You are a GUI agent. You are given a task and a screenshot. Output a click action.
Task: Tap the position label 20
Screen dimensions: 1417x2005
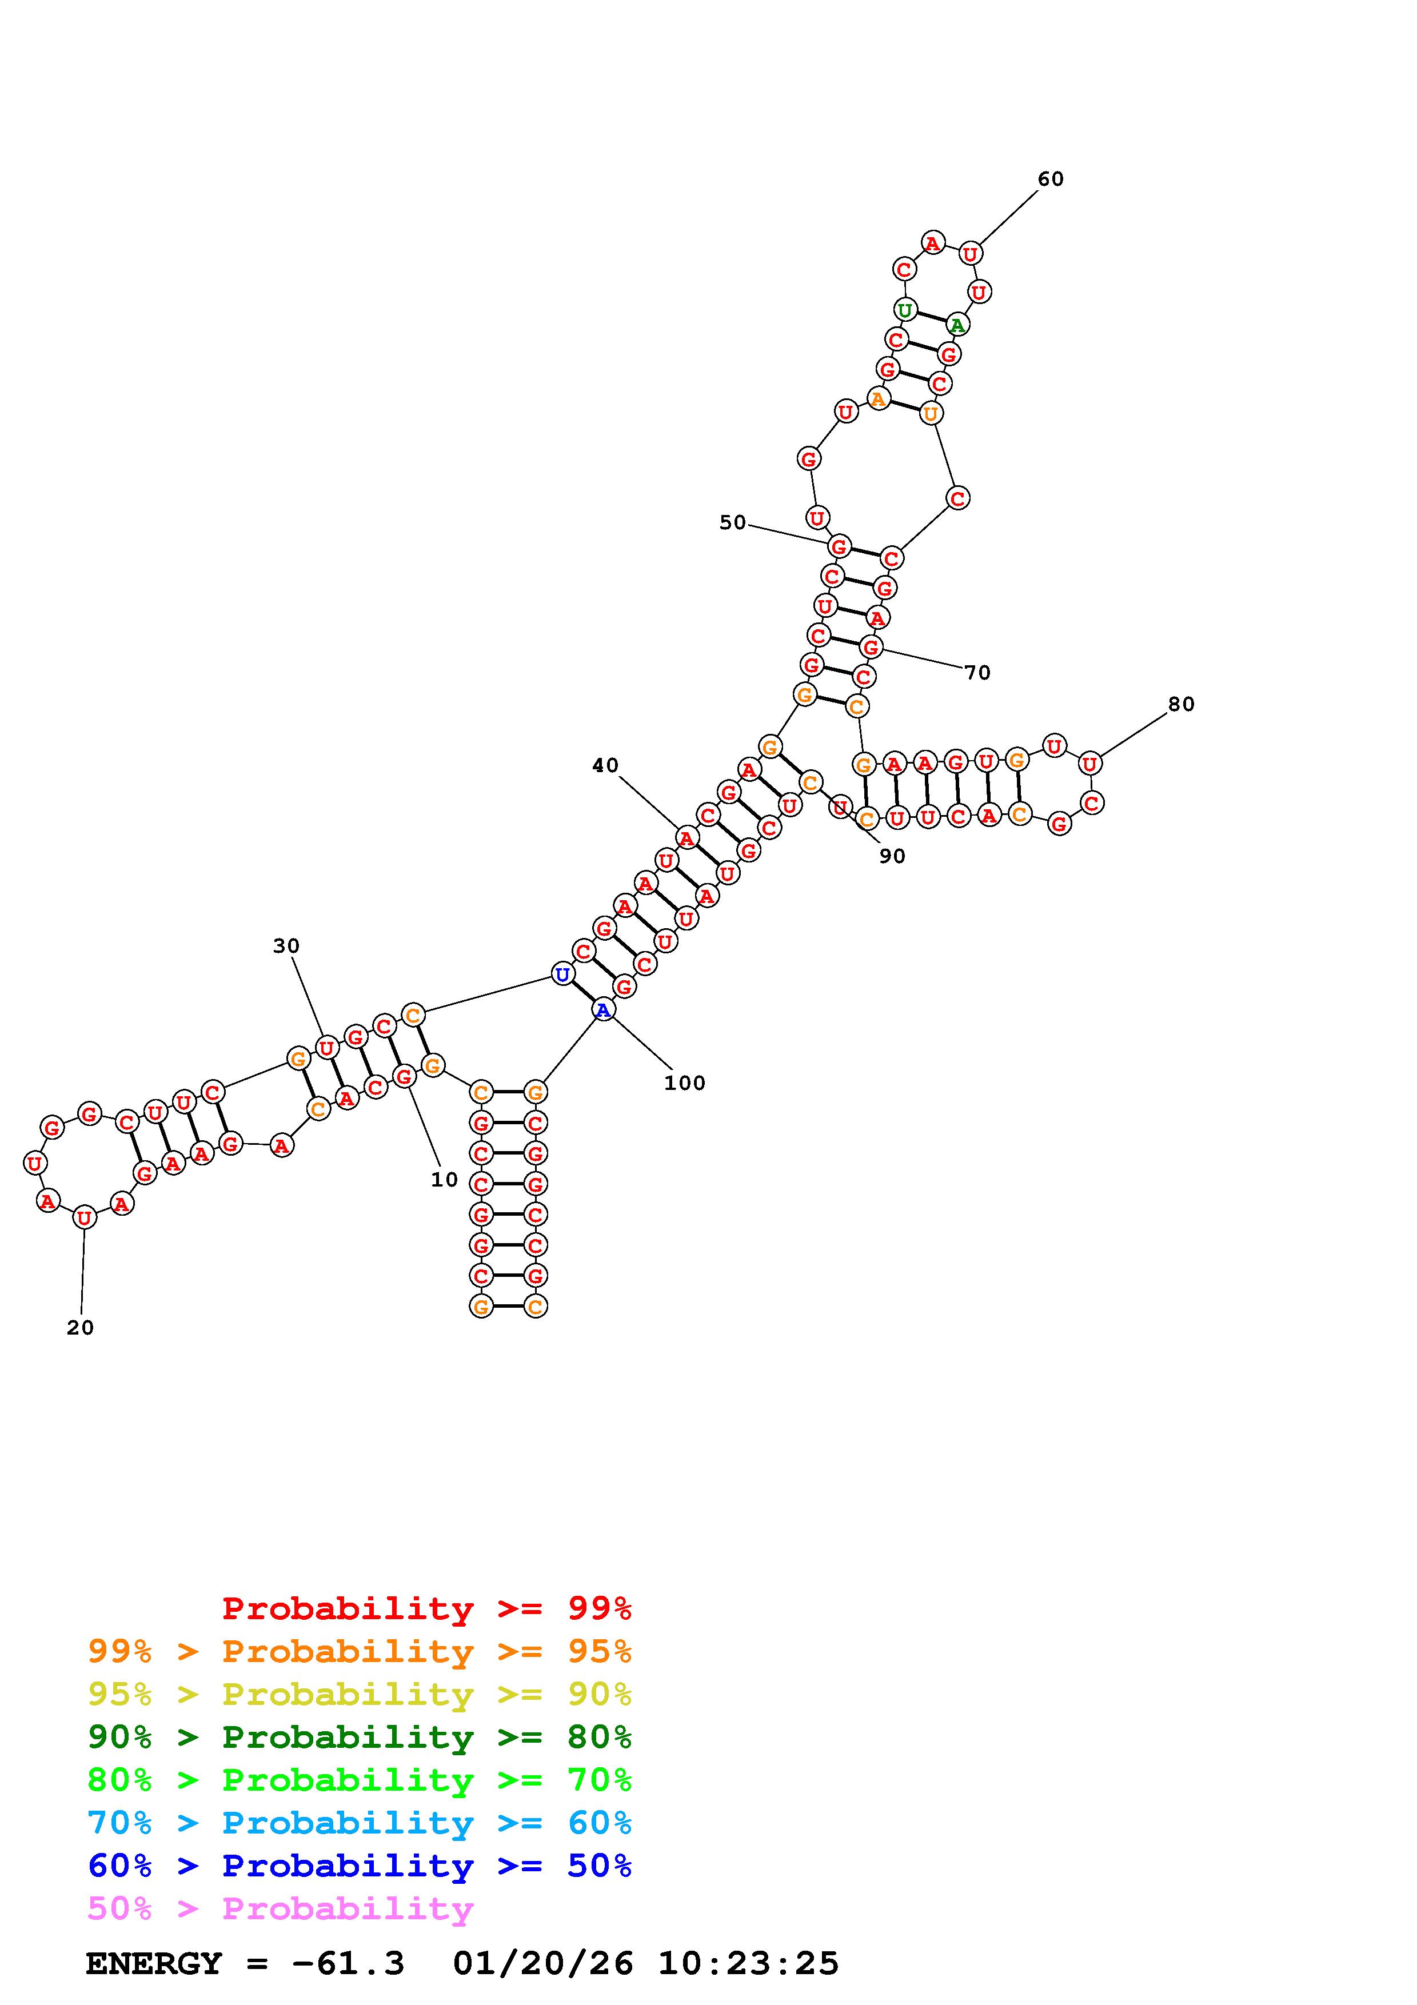(x=81, y=1327)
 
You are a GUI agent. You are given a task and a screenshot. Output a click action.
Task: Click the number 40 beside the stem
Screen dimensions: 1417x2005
(x=605, y=766)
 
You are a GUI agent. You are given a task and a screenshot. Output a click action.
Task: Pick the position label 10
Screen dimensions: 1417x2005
(x=444, y=1180)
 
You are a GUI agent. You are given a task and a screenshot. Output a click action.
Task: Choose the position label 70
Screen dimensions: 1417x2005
(x=978, y=672)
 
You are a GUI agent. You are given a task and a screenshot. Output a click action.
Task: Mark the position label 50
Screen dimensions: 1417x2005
(x=733, y=522)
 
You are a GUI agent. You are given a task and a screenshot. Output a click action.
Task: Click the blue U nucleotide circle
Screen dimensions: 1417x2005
(x=563, y=974)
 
